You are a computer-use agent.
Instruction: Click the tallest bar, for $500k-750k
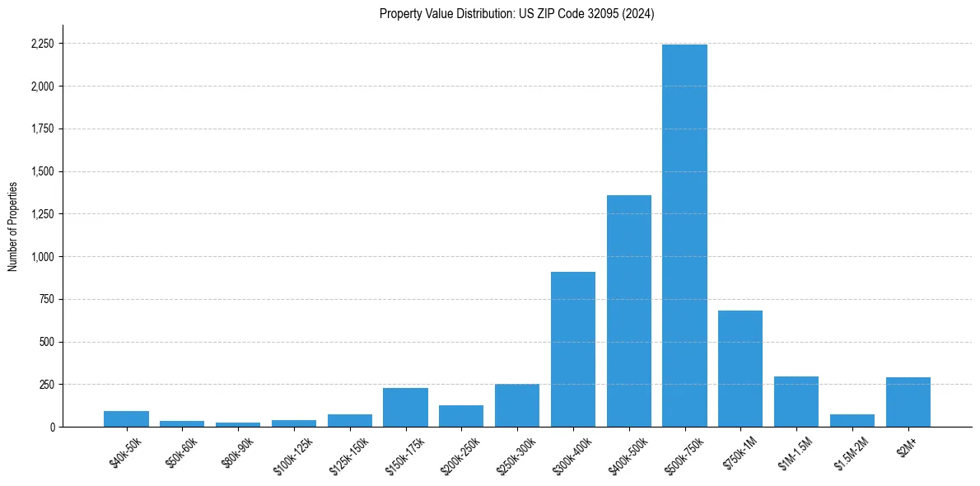coord(684,236)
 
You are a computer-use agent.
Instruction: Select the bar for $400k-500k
coord(628,311)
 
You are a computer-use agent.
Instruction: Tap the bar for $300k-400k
coord(573,349)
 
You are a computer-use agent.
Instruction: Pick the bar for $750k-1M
coord(740,369)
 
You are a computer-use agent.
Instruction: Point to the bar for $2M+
coord(908,402)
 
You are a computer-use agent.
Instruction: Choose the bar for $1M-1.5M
coord(796,402)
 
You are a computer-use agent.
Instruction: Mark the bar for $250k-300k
coord(517,405)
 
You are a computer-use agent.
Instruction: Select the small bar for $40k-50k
coord(126,419)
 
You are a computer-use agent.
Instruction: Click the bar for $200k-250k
coord(461,416)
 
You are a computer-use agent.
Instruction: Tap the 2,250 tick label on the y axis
coord(42,44)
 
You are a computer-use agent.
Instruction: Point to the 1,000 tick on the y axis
coord(42,257)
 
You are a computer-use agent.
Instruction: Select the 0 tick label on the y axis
coord(53,428)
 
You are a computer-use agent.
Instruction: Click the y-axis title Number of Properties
coord(13,227)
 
